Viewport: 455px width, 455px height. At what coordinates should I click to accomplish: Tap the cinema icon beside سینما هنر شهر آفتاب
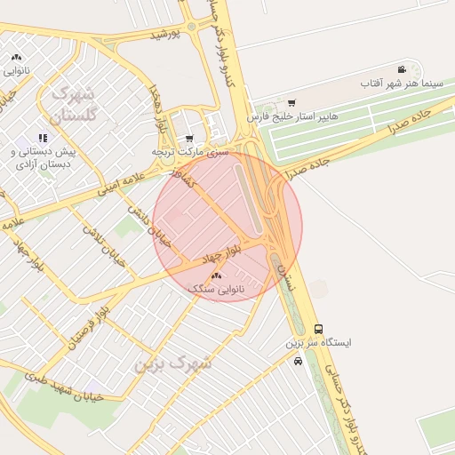402,69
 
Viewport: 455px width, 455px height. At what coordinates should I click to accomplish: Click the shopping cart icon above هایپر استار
291,103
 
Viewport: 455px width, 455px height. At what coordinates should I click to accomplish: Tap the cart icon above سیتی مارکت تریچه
189,139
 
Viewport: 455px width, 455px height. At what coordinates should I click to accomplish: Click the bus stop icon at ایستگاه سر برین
319,329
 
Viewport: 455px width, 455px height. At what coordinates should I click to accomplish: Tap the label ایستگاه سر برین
318,342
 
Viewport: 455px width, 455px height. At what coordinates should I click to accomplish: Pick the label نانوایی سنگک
215,290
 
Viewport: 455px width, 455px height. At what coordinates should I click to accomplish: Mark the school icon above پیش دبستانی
43,138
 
